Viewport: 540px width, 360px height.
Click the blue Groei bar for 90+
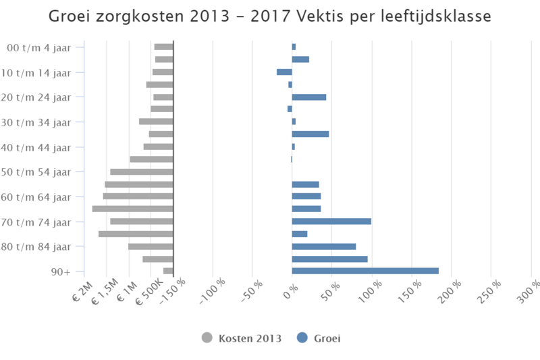365,271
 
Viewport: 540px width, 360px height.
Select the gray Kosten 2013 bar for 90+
168,271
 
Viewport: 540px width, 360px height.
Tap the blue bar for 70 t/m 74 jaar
331,221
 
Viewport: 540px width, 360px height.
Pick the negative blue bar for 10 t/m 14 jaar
284,72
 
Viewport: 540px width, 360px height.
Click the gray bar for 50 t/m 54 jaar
142,172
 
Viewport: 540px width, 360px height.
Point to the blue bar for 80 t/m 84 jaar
324,246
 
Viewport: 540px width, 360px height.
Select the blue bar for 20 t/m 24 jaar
309,97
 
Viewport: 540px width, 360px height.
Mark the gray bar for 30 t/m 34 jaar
156,122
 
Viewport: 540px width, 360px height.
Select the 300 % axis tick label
529,293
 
